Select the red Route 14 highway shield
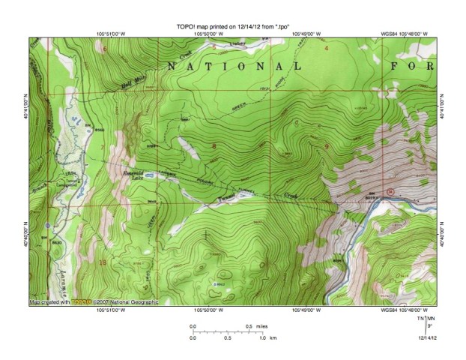pyautogui.click(x=390, y=192)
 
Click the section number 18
pyautogui.click(x=102, y=262)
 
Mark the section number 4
pyautogui.click(x=326, y=49)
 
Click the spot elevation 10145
pyautogui.click(x=219, y=284)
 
